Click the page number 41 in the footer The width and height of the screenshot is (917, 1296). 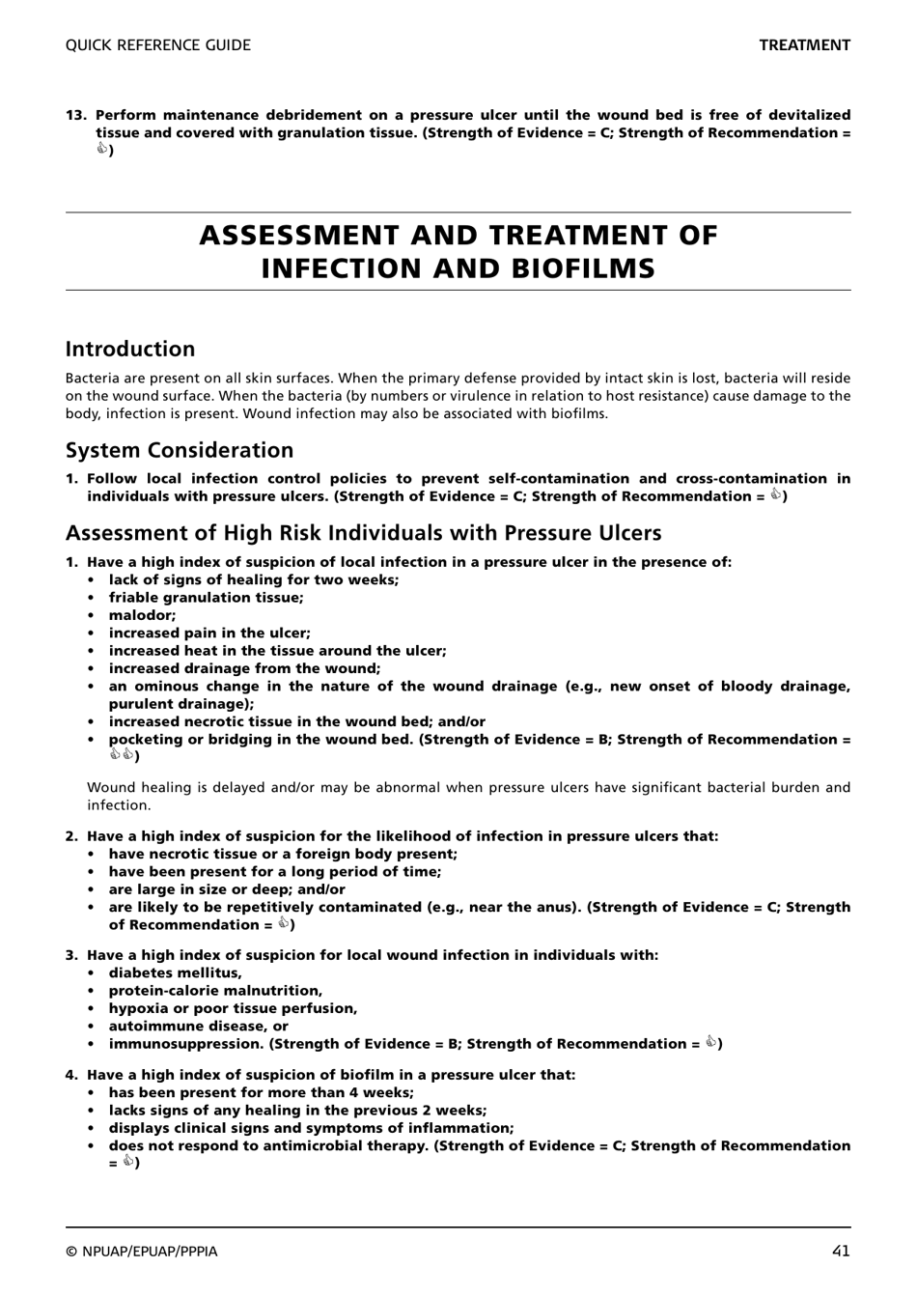(x=840, y=1251)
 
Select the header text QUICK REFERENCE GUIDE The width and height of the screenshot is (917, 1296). (x=157, y=45)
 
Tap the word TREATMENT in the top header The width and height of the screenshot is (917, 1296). (x=804, y=45)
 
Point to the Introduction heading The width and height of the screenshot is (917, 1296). (x=130, y=350)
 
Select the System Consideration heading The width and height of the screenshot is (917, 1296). (x=180, y=450)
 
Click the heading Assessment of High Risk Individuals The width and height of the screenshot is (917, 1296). (x=363, y=533)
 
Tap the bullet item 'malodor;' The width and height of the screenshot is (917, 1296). (x=142, y=615)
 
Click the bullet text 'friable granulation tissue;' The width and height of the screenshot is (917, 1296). (x=206, y=598)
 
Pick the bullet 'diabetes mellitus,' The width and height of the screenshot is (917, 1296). (x=175, y=973)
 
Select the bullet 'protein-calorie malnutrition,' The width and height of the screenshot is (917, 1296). (x=215, y=991)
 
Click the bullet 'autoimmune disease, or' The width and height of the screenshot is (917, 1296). (x=198, y=1027)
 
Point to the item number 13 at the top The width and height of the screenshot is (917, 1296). (x=76, y=115)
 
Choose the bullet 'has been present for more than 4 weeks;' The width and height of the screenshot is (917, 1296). (x=261, y=1093)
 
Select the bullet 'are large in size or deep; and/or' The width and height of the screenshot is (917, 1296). (x=226, y=889)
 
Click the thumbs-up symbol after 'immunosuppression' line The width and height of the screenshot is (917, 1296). (x=711, y=1043)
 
